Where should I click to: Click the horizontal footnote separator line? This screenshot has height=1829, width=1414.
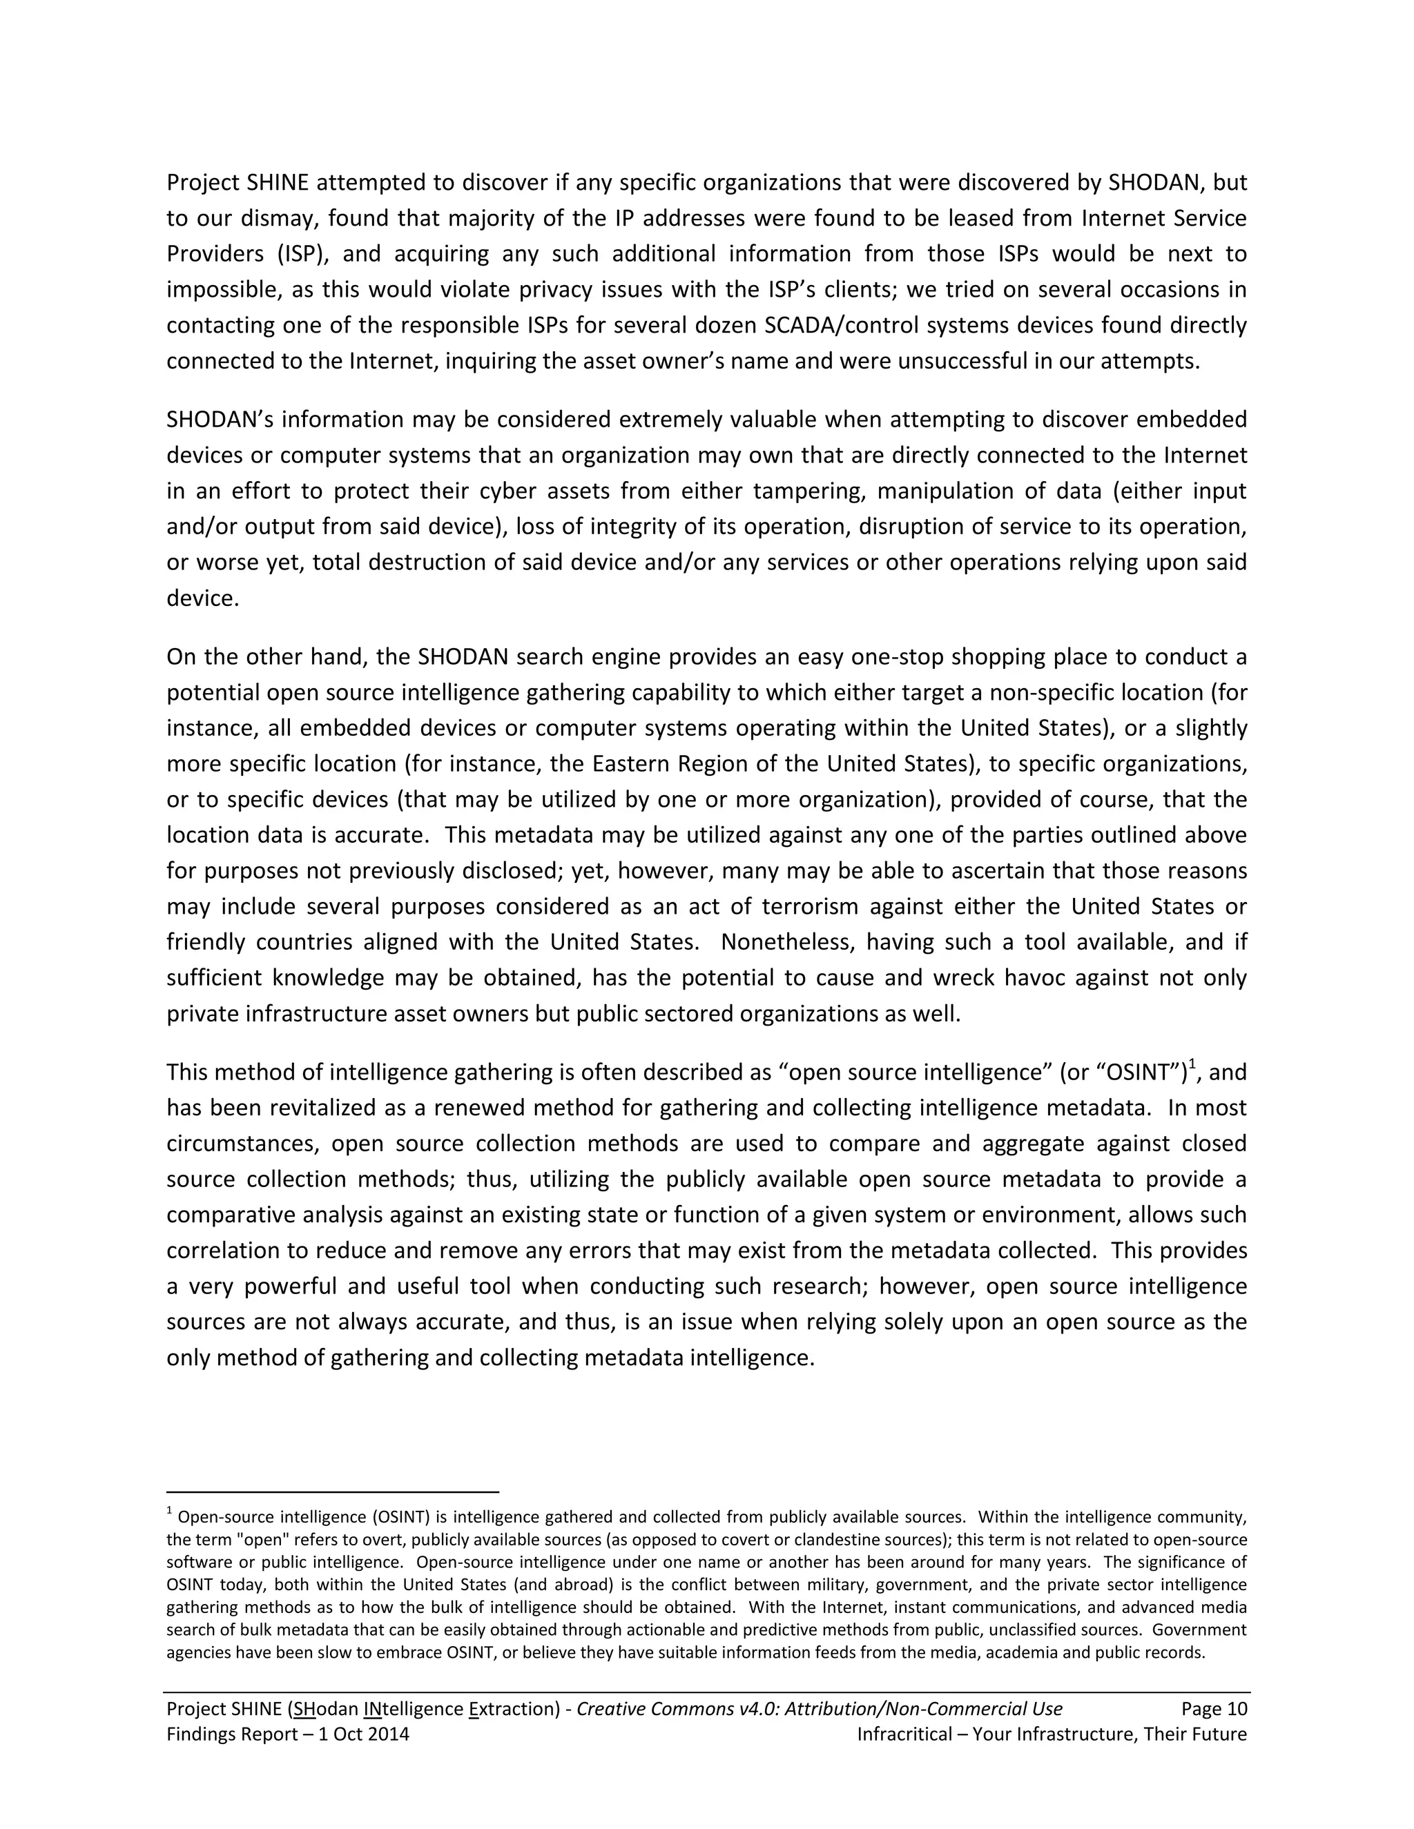coord(333,1491)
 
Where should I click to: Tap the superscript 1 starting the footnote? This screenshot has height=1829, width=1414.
coord(169,1512)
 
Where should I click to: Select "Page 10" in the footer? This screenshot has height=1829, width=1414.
coord(1214,1708)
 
